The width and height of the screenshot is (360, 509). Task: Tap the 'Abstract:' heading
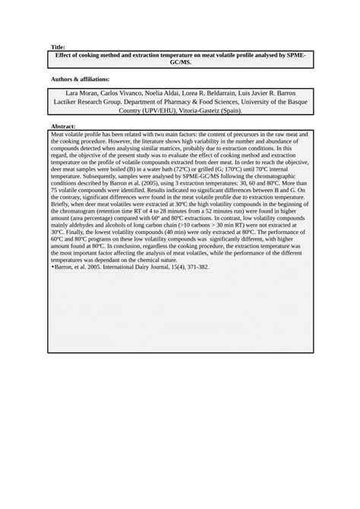pos(63,125)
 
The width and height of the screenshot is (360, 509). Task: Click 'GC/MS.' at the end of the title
pos(179,63)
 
